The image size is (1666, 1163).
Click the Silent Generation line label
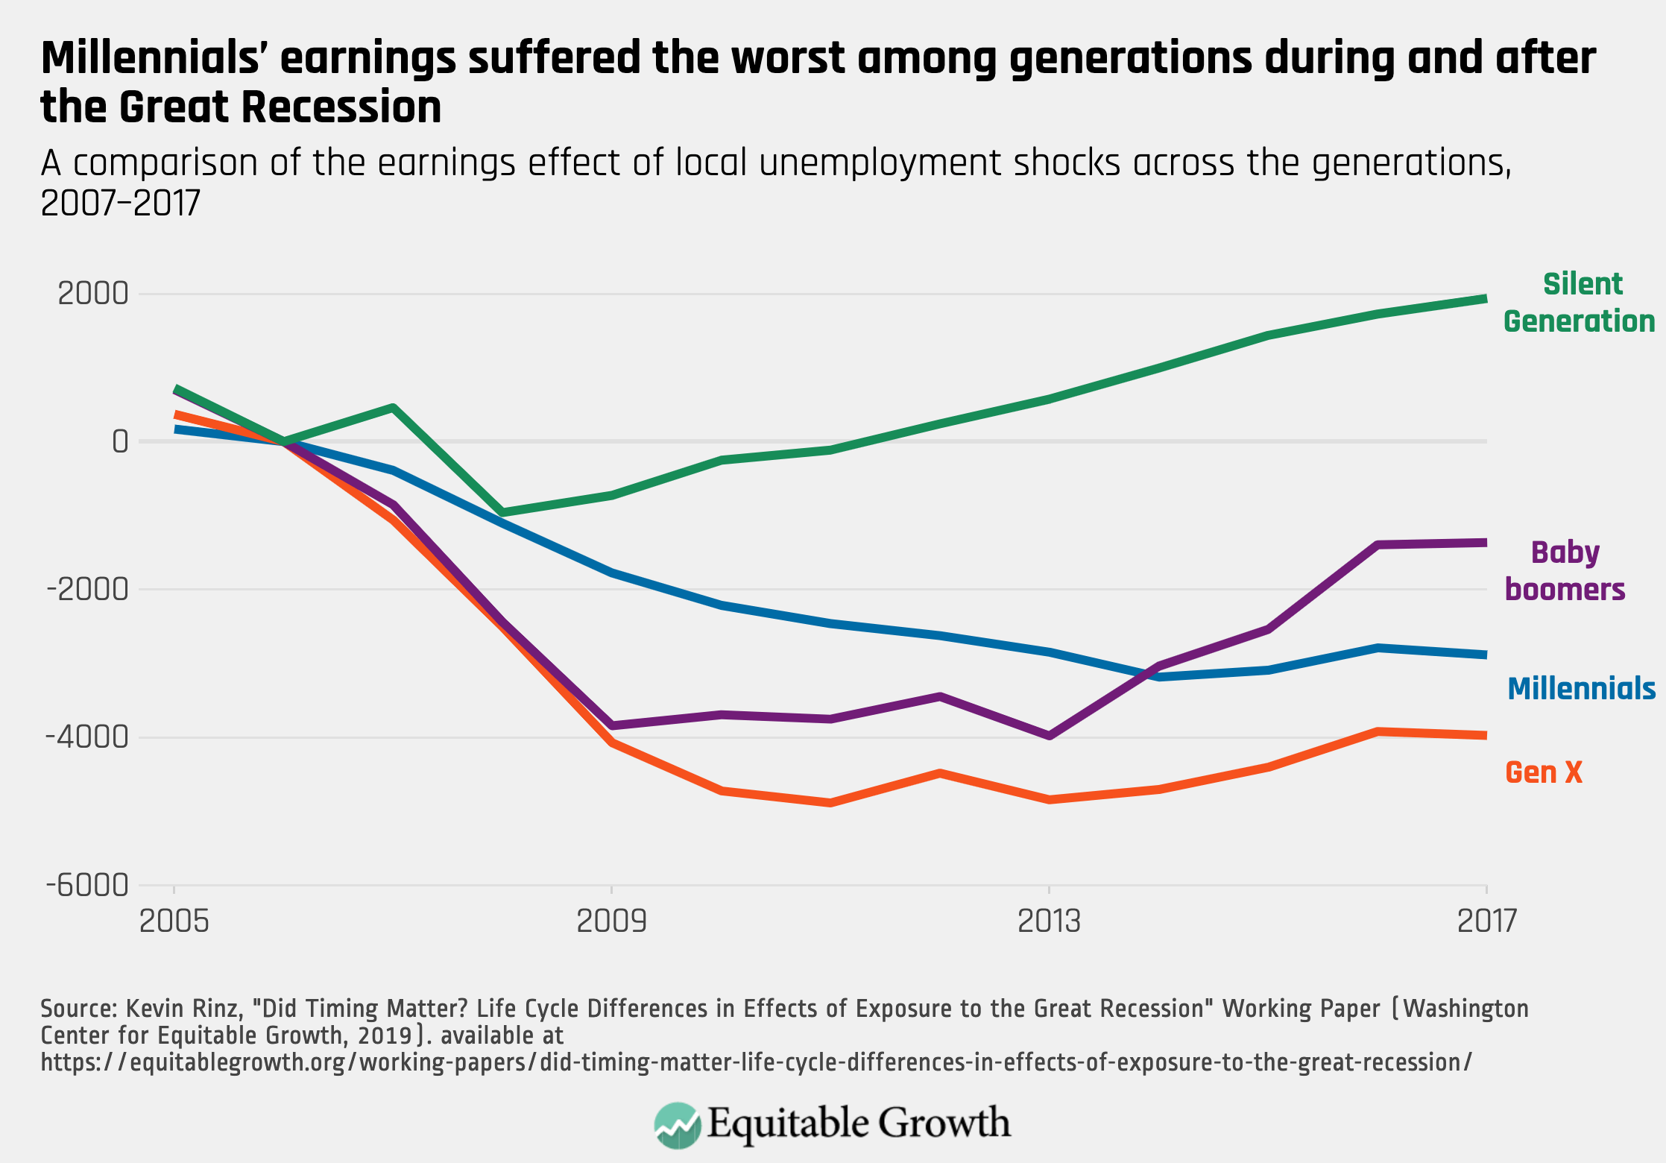click(x=1580, y=303)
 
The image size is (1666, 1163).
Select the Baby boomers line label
click(x=1565, y=571)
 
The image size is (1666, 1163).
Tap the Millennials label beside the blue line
click(x=1581, y=689)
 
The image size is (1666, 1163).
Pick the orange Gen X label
click(x=1543, y=772)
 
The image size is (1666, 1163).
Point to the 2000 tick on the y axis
click(x=93, y=294)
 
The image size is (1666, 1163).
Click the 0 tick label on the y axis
click(x=120, y=442)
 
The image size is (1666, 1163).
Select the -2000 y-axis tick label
click(x=88, y=590)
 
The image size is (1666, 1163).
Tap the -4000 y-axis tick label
click(x=88, y=737)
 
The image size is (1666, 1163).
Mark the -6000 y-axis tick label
click(x=88, y=886)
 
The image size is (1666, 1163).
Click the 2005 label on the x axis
click(x=174, y=922)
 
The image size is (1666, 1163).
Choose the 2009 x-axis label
click(x=611, y=922)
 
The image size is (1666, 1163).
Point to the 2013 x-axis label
click(x=1049, y=922)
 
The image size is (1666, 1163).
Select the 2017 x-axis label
click(x=1486, y=922)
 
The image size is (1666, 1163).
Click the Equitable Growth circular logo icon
click(x=677, y=1124)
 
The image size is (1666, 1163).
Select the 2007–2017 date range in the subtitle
click(x=121, y=203)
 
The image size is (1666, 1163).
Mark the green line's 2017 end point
click(x=1486, y=298)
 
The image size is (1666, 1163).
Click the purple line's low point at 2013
click(x=1050, y=736)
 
